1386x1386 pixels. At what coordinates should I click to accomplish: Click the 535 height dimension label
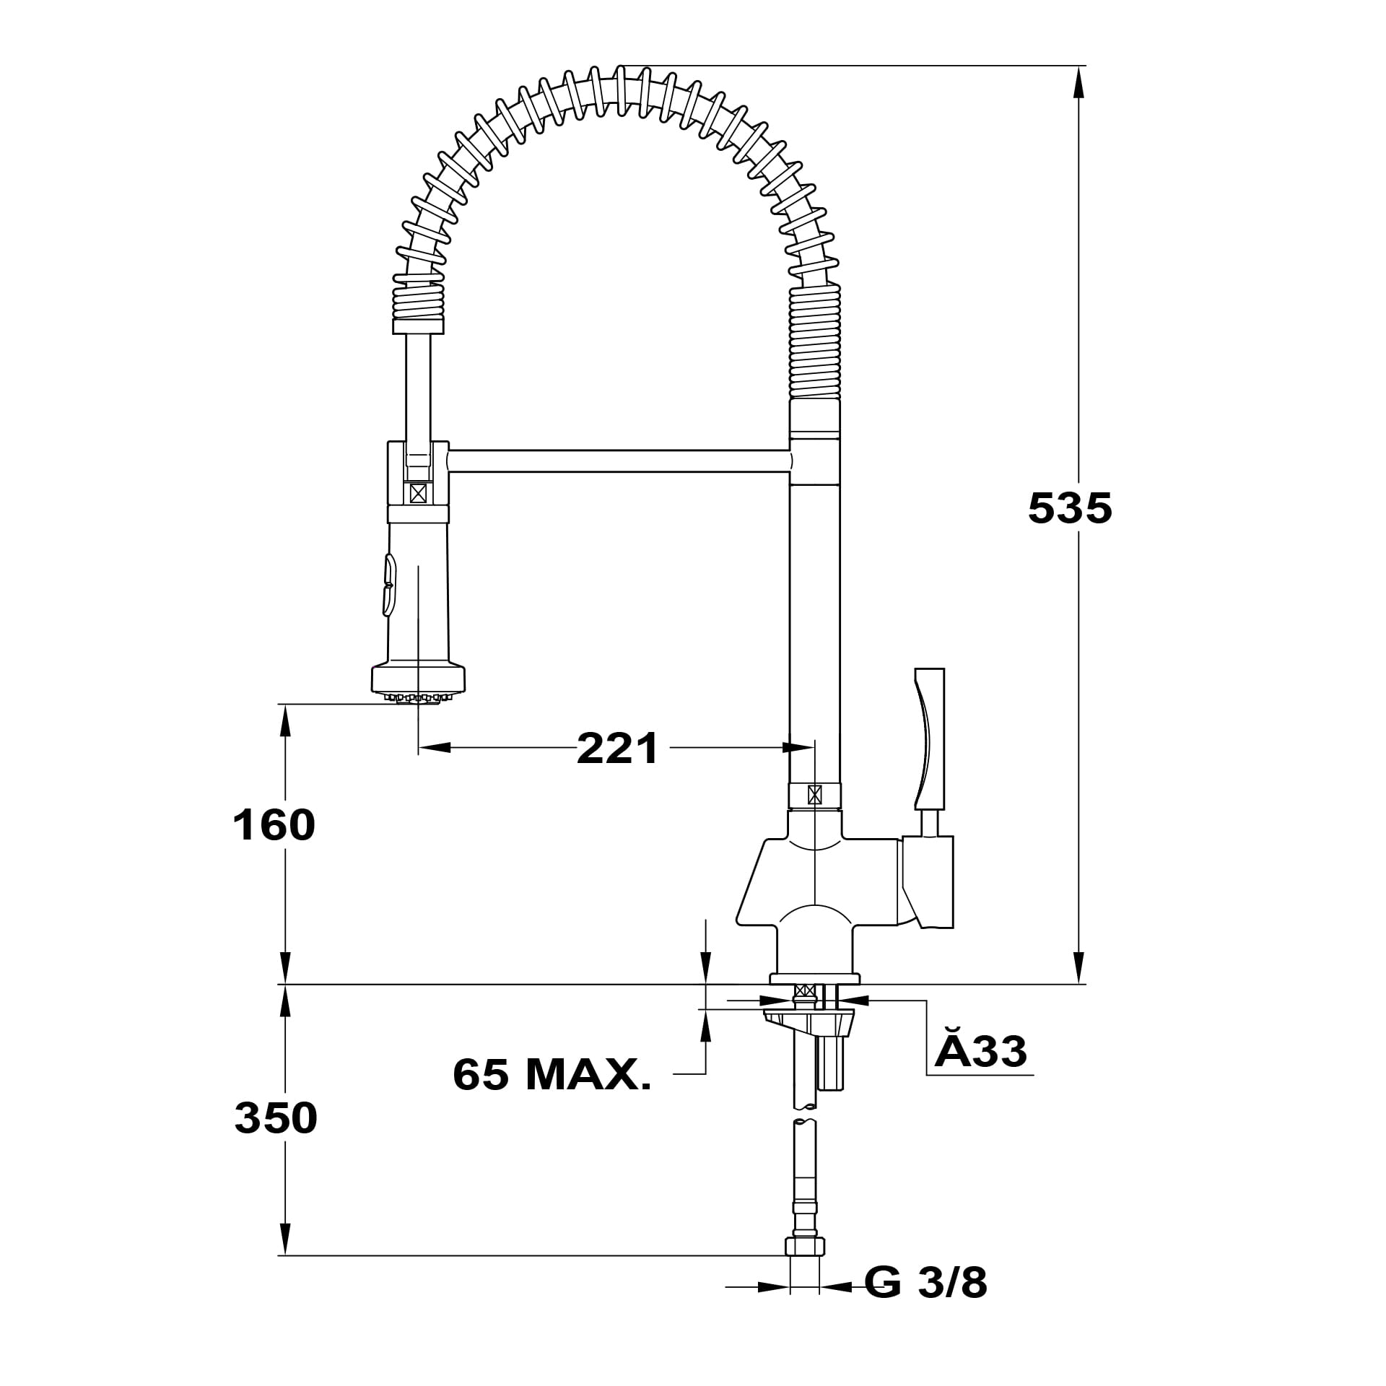[x=1070, y=507]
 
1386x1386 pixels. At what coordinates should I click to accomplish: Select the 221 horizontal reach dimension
[x=618, y=748]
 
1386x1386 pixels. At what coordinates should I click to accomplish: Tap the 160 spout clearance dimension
[x=274, y=824]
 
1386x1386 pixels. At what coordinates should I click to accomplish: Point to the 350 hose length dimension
[x=276, y=1118]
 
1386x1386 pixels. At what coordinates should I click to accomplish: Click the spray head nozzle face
[x=418, y=697]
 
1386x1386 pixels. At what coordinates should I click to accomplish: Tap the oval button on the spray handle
[x=389, y=585]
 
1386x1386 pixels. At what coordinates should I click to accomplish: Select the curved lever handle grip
[x=930, y=738]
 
